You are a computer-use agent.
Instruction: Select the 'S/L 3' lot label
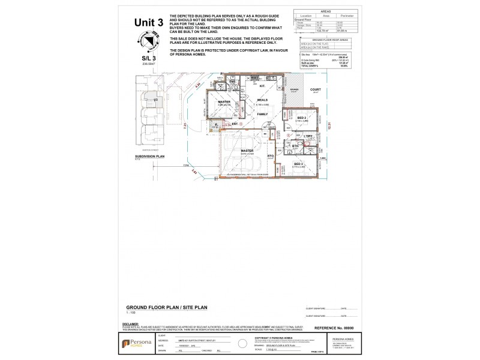tap(148, 58)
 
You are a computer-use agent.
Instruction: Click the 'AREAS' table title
tap(326, 11)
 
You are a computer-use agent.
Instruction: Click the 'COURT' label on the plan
tap(315, 90)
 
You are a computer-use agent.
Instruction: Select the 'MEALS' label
tap(262, 100)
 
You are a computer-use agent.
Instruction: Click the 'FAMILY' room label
tap(262, 113)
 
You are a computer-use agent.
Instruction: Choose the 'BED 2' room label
tap(302, 118)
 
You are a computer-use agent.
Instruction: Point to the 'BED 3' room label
tap(298, 163)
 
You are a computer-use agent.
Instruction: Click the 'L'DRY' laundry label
tap(309, 137)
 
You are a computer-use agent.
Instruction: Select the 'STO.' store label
tap(271, 155)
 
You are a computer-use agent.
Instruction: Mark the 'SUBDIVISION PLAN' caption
tap(149, 155)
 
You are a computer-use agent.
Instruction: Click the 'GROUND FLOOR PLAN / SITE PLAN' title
tap(162, 306)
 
